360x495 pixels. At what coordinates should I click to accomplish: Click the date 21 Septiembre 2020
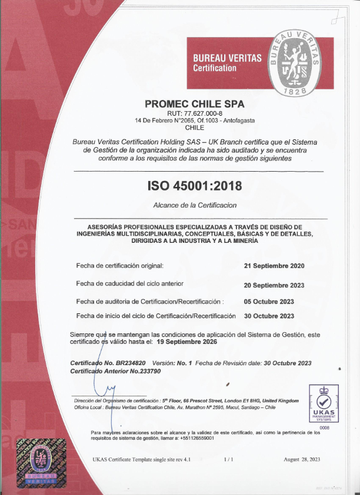pyautogui.click(x=274, y=266)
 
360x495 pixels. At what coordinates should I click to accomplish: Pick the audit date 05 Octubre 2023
pyautogui.click(x=269, y=302)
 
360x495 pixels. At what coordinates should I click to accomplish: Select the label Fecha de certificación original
pyautogui.click(x=119, y=266)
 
